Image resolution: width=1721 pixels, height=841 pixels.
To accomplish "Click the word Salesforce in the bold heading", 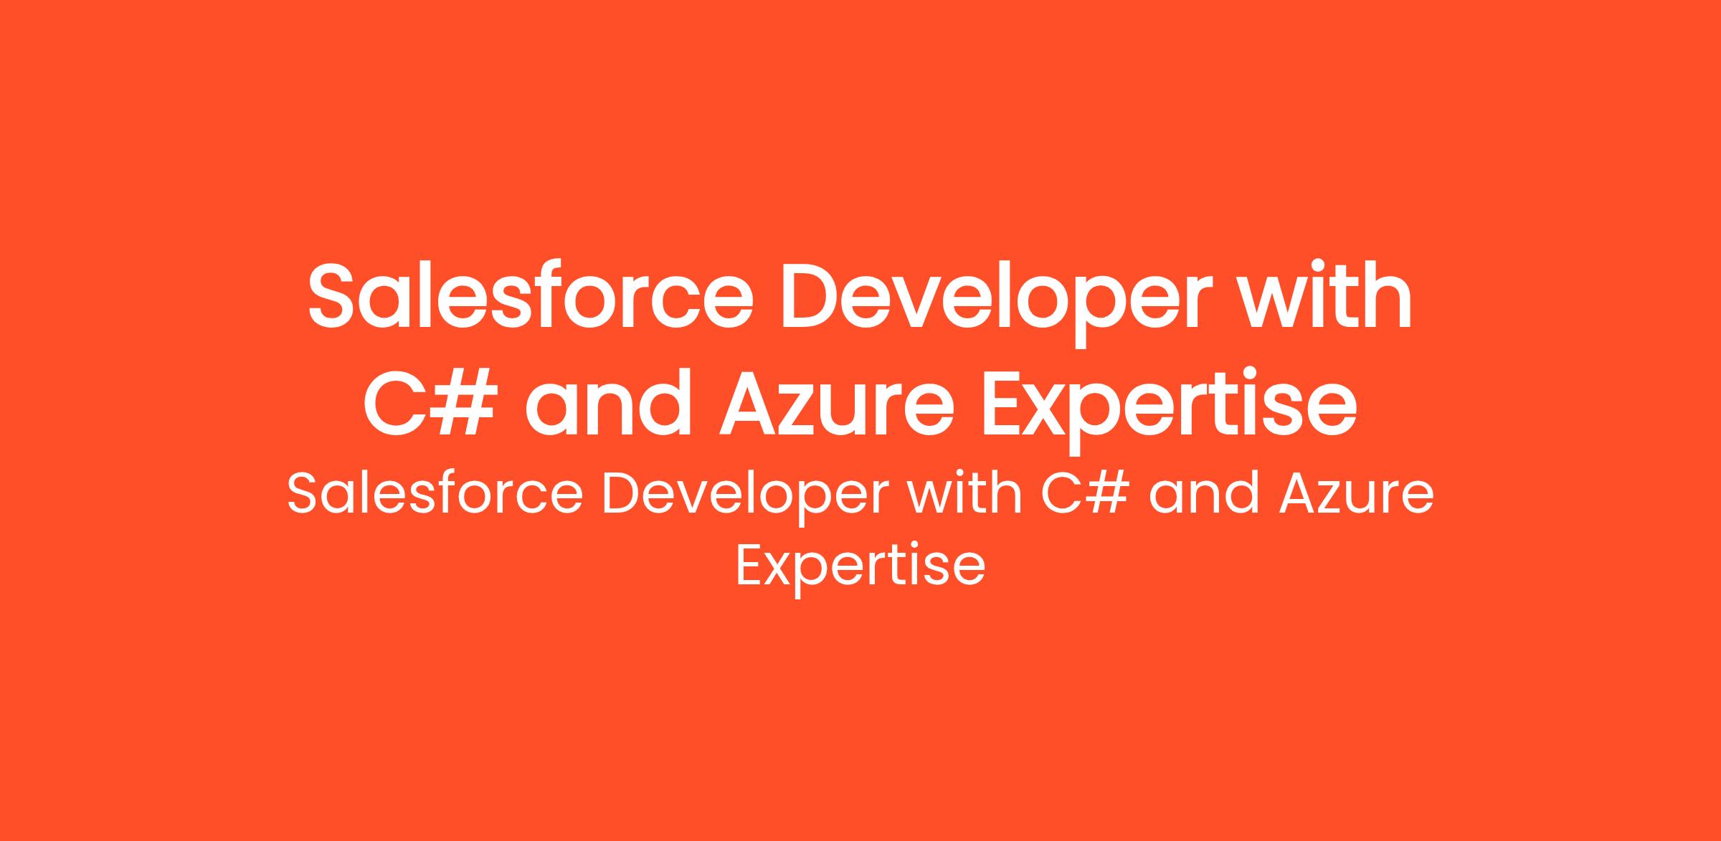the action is (531, 296).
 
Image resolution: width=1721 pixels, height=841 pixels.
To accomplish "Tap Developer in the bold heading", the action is (997, 305).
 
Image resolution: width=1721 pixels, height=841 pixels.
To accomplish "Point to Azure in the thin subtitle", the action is (1357, 495).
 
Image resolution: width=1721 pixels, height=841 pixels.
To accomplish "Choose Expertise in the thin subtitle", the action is (860, 571).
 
